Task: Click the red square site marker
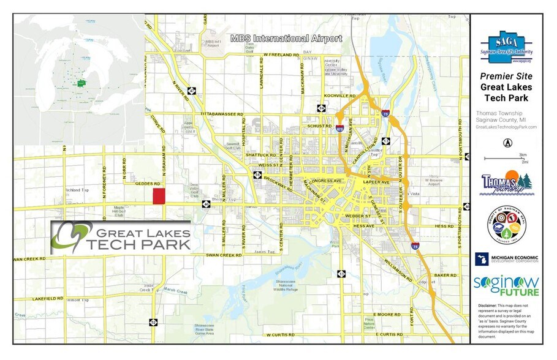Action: click(x=159, y=196)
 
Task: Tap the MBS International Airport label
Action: click(x=286, y=39)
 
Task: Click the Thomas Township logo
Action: click(x=506, y=183)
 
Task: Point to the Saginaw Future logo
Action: click(x=506, y=286)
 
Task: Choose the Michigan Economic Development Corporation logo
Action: click(x=506, y=258)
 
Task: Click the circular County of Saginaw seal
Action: click(x=506, y=225)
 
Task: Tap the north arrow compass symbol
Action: click(x=507, y=143)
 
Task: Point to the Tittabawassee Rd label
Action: click(x=222, y=114)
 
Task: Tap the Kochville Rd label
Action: click(x=344, y=97)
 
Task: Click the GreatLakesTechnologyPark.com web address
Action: click(x=506, y=127)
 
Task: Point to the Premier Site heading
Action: click(x=506, y=77)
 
